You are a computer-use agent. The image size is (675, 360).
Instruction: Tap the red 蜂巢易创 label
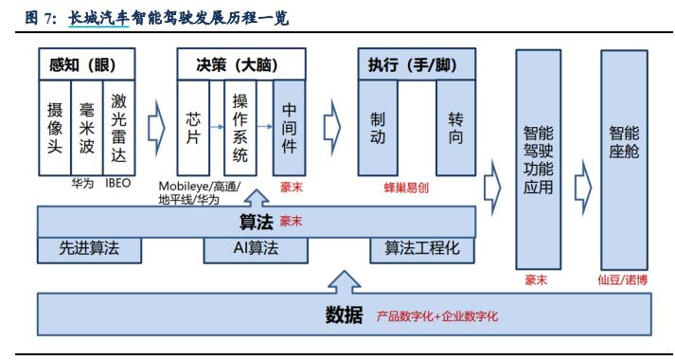point(407,187)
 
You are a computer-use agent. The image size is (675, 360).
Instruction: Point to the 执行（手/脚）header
point(417,64)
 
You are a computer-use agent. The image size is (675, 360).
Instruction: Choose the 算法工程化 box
point(422,249)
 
